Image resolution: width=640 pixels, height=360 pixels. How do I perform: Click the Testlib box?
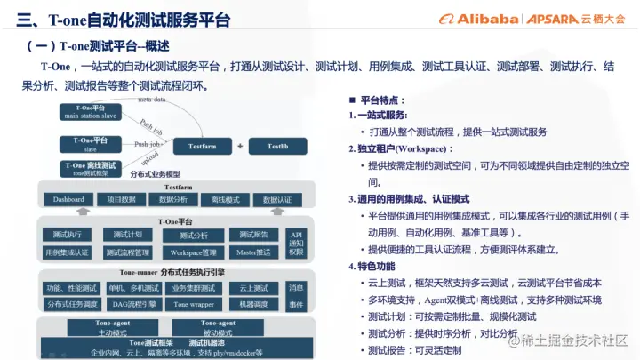click(x=277, y=146)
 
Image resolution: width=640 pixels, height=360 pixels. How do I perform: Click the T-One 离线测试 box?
click(x=88, y=168)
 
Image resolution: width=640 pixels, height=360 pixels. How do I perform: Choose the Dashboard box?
click(x=68, y=199)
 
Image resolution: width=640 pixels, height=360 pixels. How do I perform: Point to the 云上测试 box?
click(x=254, y=288)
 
